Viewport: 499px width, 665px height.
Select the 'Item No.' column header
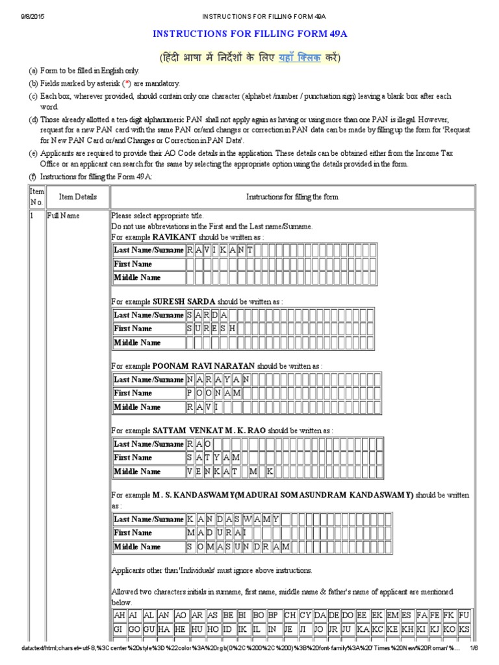36,197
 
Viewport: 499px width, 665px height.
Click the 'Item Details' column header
77,197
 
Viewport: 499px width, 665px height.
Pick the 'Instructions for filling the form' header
292,197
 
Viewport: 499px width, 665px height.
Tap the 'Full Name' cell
63,216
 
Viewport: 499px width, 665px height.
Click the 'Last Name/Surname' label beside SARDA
149,315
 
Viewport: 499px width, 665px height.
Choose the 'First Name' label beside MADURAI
133,533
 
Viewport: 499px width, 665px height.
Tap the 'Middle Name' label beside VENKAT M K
137,471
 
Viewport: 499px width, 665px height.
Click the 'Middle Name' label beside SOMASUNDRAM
137,547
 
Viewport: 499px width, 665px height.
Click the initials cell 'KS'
464,630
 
